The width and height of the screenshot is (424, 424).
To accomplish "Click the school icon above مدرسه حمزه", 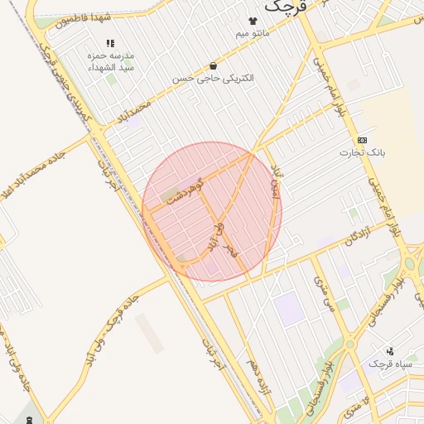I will [109, 43].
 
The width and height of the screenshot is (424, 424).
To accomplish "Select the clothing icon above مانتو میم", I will [253, 21].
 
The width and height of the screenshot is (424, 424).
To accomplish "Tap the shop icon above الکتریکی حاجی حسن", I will [214, 65].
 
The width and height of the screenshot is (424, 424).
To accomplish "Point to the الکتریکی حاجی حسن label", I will [214, 78].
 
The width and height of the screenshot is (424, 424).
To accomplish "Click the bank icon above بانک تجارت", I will [362, 140].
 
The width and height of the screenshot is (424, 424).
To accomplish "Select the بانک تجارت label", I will [363, 153].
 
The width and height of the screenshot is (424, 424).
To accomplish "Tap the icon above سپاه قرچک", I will [390, 351].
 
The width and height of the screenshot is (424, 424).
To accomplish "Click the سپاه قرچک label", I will [388, 364].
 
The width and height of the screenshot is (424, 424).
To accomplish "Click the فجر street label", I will [230, 247].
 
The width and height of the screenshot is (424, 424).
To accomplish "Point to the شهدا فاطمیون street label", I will [83, 17].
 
